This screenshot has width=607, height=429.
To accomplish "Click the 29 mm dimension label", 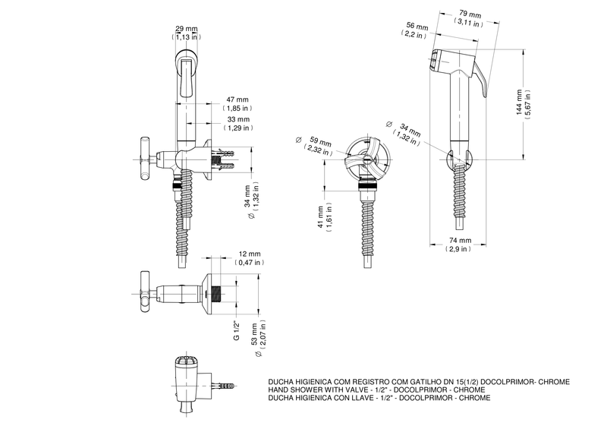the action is (x=187, y=29).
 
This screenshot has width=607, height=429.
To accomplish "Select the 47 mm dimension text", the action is (x=237, y=100).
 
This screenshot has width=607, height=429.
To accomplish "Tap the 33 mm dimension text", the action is (x=238, y=119).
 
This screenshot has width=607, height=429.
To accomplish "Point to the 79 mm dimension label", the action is (x=470, y=14).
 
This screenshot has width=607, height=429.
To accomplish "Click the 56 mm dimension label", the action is (x=417, y=27).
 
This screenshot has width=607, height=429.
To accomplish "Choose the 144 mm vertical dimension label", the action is (x=519, y=103).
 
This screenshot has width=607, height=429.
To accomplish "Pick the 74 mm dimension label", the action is (x=461, y=241).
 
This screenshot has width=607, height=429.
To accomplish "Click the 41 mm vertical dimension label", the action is (x=320, y=217).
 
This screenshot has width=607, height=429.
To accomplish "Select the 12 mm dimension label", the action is (x=250, y=254).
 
